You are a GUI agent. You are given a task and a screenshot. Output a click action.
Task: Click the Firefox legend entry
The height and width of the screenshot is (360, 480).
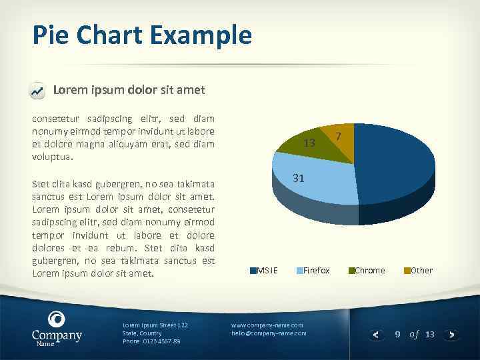click(x=313, y=270)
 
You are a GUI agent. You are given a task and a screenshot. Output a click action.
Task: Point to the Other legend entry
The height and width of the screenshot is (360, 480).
click(x=418, y=270)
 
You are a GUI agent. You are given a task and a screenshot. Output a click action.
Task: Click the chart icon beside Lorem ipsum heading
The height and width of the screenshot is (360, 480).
click(x=38, y=90)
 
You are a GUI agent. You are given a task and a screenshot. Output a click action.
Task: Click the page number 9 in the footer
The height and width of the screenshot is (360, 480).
click(x=397, y=334)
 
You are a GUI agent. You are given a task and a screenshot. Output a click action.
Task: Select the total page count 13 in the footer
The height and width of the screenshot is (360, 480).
click(x=429, y=334)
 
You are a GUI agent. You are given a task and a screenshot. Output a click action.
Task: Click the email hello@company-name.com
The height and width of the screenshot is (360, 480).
click(x=269, y=333)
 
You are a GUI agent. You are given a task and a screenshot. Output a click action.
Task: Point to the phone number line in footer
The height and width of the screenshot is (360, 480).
click(x=151, y=341)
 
